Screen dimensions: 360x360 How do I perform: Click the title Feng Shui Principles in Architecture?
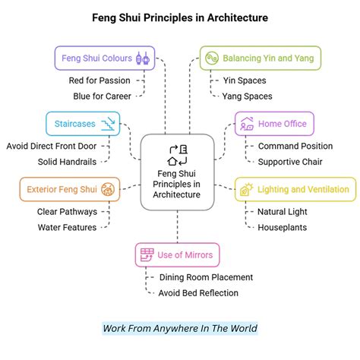[x=180, y=16]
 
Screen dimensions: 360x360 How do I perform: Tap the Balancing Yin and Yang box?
[x=261, y=58]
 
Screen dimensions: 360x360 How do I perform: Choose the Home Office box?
[x=274, y=123]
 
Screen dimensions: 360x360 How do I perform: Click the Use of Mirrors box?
[x=176, y=254]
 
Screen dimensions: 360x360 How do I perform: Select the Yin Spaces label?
[x=241, y=80]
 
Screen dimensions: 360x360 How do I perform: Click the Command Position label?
[x=295, y=146]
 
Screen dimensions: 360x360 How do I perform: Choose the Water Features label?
[x=67, y=227]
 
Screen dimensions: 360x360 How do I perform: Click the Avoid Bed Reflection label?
[x=197, y=293]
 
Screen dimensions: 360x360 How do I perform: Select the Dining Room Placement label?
[x=205, y=277]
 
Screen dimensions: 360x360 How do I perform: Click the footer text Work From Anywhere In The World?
[x=180, y=328]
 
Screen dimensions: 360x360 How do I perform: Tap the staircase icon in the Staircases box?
[x=109, y=123]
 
